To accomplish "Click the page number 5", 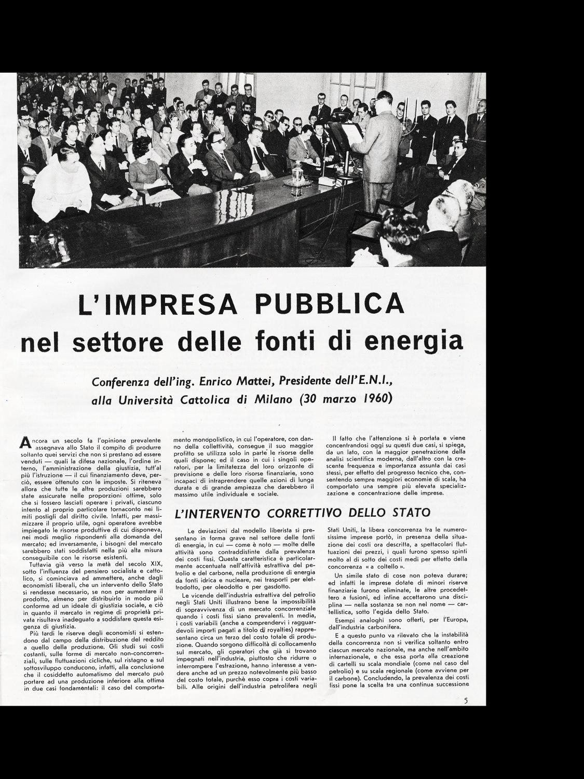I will [x=466, y=700].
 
